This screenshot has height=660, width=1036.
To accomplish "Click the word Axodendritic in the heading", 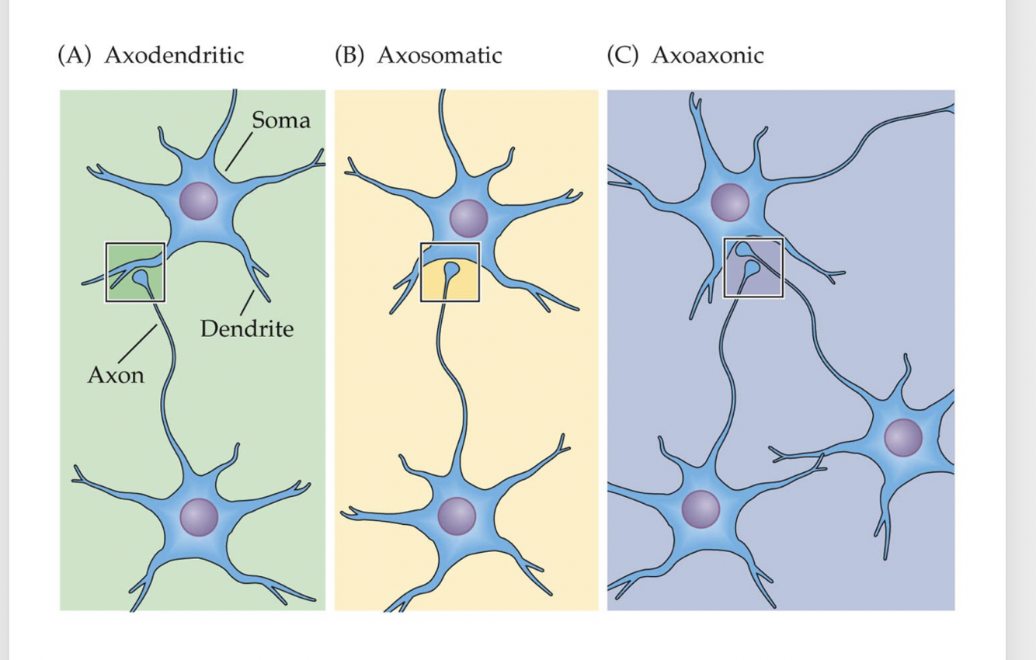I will click(x=173, y=56).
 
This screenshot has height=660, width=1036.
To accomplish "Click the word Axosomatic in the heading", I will click(x=439, y=56).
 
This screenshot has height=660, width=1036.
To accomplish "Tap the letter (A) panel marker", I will click(x=75, y=56).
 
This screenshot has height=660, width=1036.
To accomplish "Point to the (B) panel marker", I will click(x=350, y=56).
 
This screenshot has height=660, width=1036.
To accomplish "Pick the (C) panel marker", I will click(x=624, y=56).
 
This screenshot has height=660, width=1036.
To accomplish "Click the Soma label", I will click(x=280, y=120).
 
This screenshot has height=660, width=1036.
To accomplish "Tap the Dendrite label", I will click(x=247, y=329).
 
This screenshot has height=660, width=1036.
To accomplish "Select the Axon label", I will click(x=116, y=375).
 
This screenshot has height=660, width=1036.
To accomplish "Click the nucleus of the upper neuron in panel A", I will click(x=199, y=201).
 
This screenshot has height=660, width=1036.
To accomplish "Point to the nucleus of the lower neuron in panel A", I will click(x=199, y=517).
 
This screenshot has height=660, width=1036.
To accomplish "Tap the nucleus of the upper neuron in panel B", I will click(x=468, y=217).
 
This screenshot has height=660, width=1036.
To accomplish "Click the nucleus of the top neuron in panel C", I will click(x=730, y=203).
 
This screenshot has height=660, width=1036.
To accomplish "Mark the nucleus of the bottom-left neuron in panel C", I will click(x=701, y=509).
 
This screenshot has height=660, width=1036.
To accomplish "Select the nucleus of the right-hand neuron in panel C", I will click(x=903, y=438).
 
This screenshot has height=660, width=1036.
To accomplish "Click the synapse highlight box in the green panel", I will click(x=135, y=272).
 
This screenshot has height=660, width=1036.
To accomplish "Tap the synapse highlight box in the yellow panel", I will click(x=450, y=272).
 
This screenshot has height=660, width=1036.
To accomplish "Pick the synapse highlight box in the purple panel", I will click(x=753, y=268).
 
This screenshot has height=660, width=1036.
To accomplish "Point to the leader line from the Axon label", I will click(x=138, y=343).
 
